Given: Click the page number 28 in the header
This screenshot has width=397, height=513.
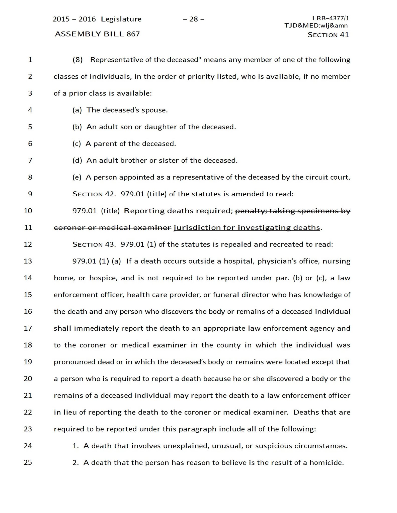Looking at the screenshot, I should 194,19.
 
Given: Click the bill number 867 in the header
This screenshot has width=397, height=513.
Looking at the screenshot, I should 133,34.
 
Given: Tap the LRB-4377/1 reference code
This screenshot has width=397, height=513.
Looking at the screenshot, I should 331,18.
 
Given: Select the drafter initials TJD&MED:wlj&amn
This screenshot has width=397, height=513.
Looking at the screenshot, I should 316,25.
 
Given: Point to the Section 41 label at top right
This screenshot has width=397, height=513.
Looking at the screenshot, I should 328,35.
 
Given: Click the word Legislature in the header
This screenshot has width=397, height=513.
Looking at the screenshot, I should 121,19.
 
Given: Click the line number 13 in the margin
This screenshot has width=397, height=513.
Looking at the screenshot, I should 28,261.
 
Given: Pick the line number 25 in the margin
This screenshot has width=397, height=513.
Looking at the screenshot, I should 28,462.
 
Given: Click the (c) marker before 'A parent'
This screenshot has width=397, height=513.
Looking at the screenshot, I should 77,144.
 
